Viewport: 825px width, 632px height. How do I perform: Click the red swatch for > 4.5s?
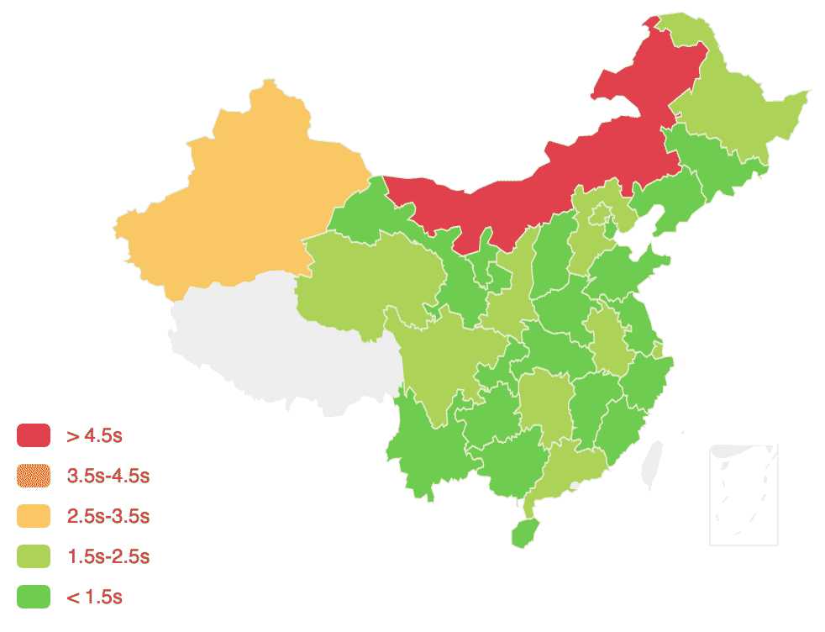pos(34,435)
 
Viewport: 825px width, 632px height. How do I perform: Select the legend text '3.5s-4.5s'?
pos(108,476)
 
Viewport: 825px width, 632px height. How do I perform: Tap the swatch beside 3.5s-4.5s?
pos(34,476)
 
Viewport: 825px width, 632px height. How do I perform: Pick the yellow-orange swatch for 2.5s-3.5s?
pos(34,516)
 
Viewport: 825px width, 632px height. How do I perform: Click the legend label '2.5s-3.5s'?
pos(108,516)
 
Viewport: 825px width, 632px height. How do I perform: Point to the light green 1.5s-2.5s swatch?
pos(34,556)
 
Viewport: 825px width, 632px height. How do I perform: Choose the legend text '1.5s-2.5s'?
pos(108,556)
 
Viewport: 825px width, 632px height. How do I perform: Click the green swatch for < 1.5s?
pos(34,597)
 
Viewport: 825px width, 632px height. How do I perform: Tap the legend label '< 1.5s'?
pos(95,597)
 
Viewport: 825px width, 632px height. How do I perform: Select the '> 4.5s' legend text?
pos(95,435)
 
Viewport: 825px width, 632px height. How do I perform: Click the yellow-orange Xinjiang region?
pos(244,193)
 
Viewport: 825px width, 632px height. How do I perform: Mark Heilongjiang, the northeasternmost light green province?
pos(739,109)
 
